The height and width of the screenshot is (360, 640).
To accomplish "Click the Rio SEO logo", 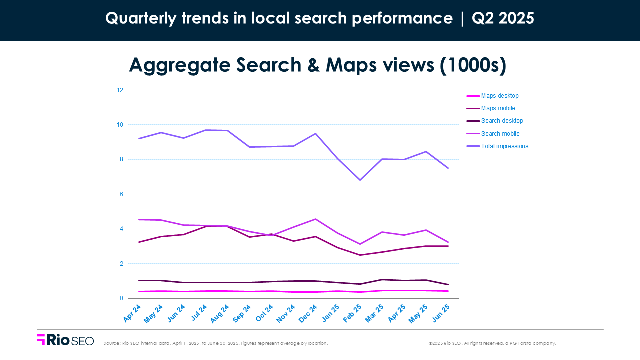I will (x=65, y=340).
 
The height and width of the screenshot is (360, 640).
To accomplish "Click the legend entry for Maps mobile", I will (x=497, y=108).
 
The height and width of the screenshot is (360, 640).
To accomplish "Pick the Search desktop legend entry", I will (x=502, y=121).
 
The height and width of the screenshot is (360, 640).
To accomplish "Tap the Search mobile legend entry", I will (x=500, y=134).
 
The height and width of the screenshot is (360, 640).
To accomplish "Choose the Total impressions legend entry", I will (x=504, y=146).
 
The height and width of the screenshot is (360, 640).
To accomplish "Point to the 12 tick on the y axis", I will (x=120, y=90).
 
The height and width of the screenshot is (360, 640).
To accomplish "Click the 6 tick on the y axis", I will (x=121, y=194).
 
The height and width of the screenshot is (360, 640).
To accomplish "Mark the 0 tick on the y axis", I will (x=121, y=298).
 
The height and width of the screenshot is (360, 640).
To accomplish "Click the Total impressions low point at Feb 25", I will (x=359, y=180).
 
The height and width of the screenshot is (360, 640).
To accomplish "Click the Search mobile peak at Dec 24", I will (x=314, y=219).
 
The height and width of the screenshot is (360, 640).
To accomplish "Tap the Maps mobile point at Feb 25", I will (x=359, y=255).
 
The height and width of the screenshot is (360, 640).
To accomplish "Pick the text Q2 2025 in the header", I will (x=502, y=18).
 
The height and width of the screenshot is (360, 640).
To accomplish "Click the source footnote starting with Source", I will (x=216, y=343).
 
